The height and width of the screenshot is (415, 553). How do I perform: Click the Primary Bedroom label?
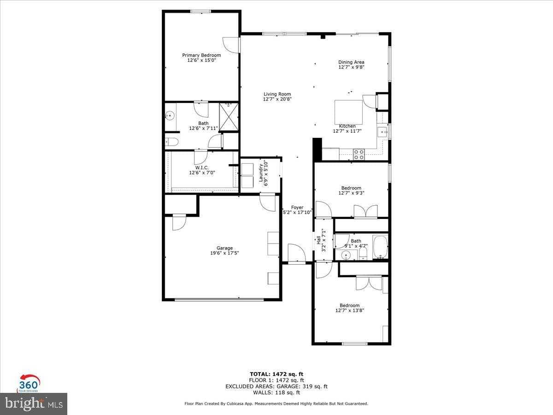coord(201,55)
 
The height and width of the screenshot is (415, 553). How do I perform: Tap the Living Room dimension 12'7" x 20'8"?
coord(277,99)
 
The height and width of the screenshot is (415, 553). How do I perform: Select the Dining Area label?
coord(351,62)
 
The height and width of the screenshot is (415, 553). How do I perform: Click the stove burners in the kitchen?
coord(359,154)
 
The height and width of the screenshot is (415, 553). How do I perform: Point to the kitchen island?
coord(348,112)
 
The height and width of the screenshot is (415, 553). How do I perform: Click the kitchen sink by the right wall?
coord(382,133)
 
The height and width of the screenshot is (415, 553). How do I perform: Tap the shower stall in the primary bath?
coord(228,117)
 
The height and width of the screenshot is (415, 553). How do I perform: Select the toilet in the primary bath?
coord(170,142)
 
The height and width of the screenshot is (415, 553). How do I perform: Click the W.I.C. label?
coord(202,167)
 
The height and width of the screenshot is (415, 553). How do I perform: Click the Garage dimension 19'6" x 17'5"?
coord(225,253)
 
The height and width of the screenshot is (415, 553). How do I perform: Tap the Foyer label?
coord(297,207)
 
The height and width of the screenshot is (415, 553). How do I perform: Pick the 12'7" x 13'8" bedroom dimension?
coord(350,311)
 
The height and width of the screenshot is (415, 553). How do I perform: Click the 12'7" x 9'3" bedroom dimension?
coord(351,193)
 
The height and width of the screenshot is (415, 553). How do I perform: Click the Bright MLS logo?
coord(34,403)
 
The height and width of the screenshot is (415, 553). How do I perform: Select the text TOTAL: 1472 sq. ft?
coord(276,374)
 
